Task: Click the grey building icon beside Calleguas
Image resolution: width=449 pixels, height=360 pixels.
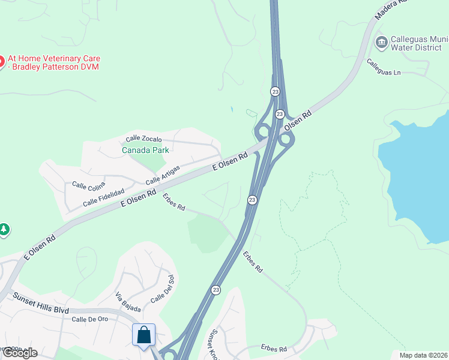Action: (381, 43)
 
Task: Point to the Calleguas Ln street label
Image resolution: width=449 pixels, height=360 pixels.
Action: (384, 67)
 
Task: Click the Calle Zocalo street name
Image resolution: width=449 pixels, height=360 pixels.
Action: (143, 139)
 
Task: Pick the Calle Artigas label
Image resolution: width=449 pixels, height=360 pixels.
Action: (163, 175)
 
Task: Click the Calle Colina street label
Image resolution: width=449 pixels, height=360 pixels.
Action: (89, 187)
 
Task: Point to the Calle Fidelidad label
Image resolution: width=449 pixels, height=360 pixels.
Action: (103, 197)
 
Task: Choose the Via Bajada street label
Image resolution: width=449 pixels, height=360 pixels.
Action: (128, 302)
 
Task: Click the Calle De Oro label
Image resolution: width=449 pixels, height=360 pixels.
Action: (89, 319)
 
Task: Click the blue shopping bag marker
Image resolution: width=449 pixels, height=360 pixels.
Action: (144, 335)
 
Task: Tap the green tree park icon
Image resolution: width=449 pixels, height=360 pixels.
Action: (4, 230)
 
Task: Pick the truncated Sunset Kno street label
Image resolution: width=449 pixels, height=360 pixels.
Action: (213, 343)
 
